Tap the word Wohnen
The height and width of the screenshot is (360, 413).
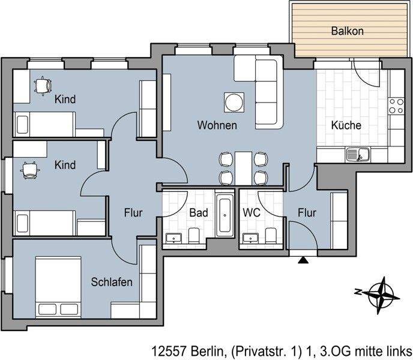pyautogui.click(x=217, y=126)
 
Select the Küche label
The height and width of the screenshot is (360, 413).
pyautogui.click(x=346, y=126)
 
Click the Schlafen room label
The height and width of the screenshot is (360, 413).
pyautogui.click(x=112, y=282)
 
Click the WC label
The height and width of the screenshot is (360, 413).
pyautogui.click(x=251, y=213)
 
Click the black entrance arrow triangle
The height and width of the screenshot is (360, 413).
pyautogui.click(x=303, y=260)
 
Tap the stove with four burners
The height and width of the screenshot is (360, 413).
pyautogui.click(x=396, y=106)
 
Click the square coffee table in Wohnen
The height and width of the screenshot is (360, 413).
pyautogui.click(x=234, y=103)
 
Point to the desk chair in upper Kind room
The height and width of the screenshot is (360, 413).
pyautogui.click(x=43, y=86)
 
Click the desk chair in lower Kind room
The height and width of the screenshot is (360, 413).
pyautogui.click(x=29, y=171)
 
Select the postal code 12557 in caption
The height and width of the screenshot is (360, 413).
pyautogui.click(x=166, y=350)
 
